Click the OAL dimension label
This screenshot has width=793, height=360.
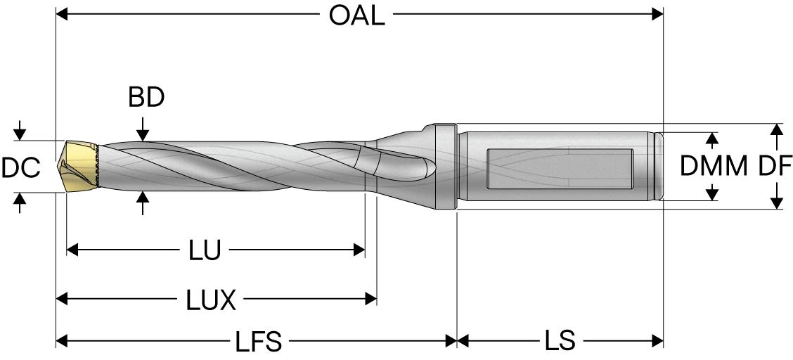pyautogui.click(x=357, y=15)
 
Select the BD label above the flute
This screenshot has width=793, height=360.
pyautogui.click(x=146, y=98)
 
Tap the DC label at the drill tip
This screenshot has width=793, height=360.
pyautogui.click(x=20, y=168)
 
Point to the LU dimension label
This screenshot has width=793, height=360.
pyautogui.click(x=205, y=250)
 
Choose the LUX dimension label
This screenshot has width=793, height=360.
pyautogui.click(x=212, y=302)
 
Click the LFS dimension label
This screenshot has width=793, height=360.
pyautogui.click(x=259, y=342)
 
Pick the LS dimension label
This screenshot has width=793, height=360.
pyautogui.click(x=560, y=342)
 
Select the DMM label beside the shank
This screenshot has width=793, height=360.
pyautogui.click(x=714, y=167)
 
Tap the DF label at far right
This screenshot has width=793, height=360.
pyautogui.click(x=775, y=167)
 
